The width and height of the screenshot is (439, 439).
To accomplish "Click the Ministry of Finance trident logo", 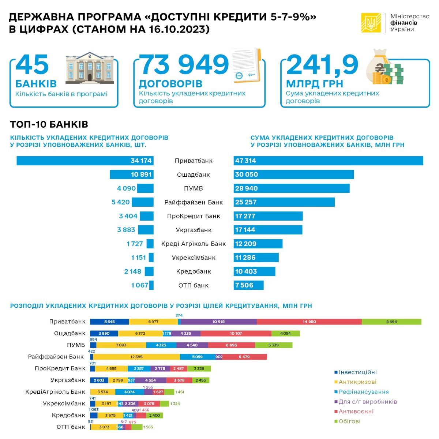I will coord(371,23).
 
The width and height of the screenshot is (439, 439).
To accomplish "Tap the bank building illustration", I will coord(90,68).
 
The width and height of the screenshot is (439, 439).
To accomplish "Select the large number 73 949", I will coord(185,65).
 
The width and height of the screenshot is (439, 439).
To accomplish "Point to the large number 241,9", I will coord(322,65).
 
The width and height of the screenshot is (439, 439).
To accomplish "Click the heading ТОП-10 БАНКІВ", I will coord(49,124).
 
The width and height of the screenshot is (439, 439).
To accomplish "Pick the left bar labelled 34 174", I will coord(85,161).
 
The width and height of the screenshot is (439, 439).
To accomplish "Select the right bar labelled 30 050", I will coord(293,175).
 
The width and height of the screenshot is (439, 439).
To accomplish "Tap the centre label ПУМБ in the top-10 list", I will coord(193,188).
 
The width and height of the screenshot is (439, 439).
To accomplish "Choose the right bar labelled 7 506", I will coord(248,285).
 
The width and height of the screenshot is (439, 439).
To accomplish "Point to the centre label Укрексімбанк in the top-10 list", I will coord(193,258).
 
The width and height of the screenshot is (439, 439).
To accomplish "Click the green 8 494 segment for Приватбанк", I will coord(391,322).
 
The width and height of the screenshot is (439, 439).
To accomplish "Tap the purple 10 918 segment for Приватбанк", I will coord(218,322).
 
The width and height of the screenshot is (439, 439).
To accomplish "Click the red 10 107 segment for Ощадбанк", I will coord(236,334).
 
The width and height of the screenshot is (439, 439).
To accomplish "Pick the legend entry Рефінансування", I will coord(363,392).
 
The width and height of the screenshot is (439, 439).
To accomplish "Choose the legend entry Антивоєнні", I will coord(356,412).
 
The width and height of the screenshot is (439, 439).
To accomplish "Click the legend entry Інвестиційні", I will coord(357,372).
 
